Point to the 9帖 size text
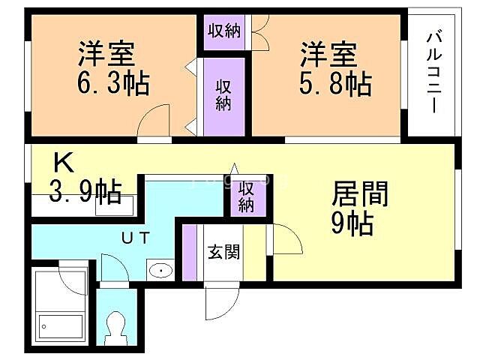click(352, 223)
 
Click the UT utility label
click(136, 237)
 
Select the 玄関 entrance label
click(223, 251)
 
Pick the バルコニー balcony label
click(433, 72)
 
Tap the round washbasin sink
click(160, 269)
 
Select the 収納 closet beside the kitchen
click(247, 196)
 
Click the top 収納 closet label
click(223, 31)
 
